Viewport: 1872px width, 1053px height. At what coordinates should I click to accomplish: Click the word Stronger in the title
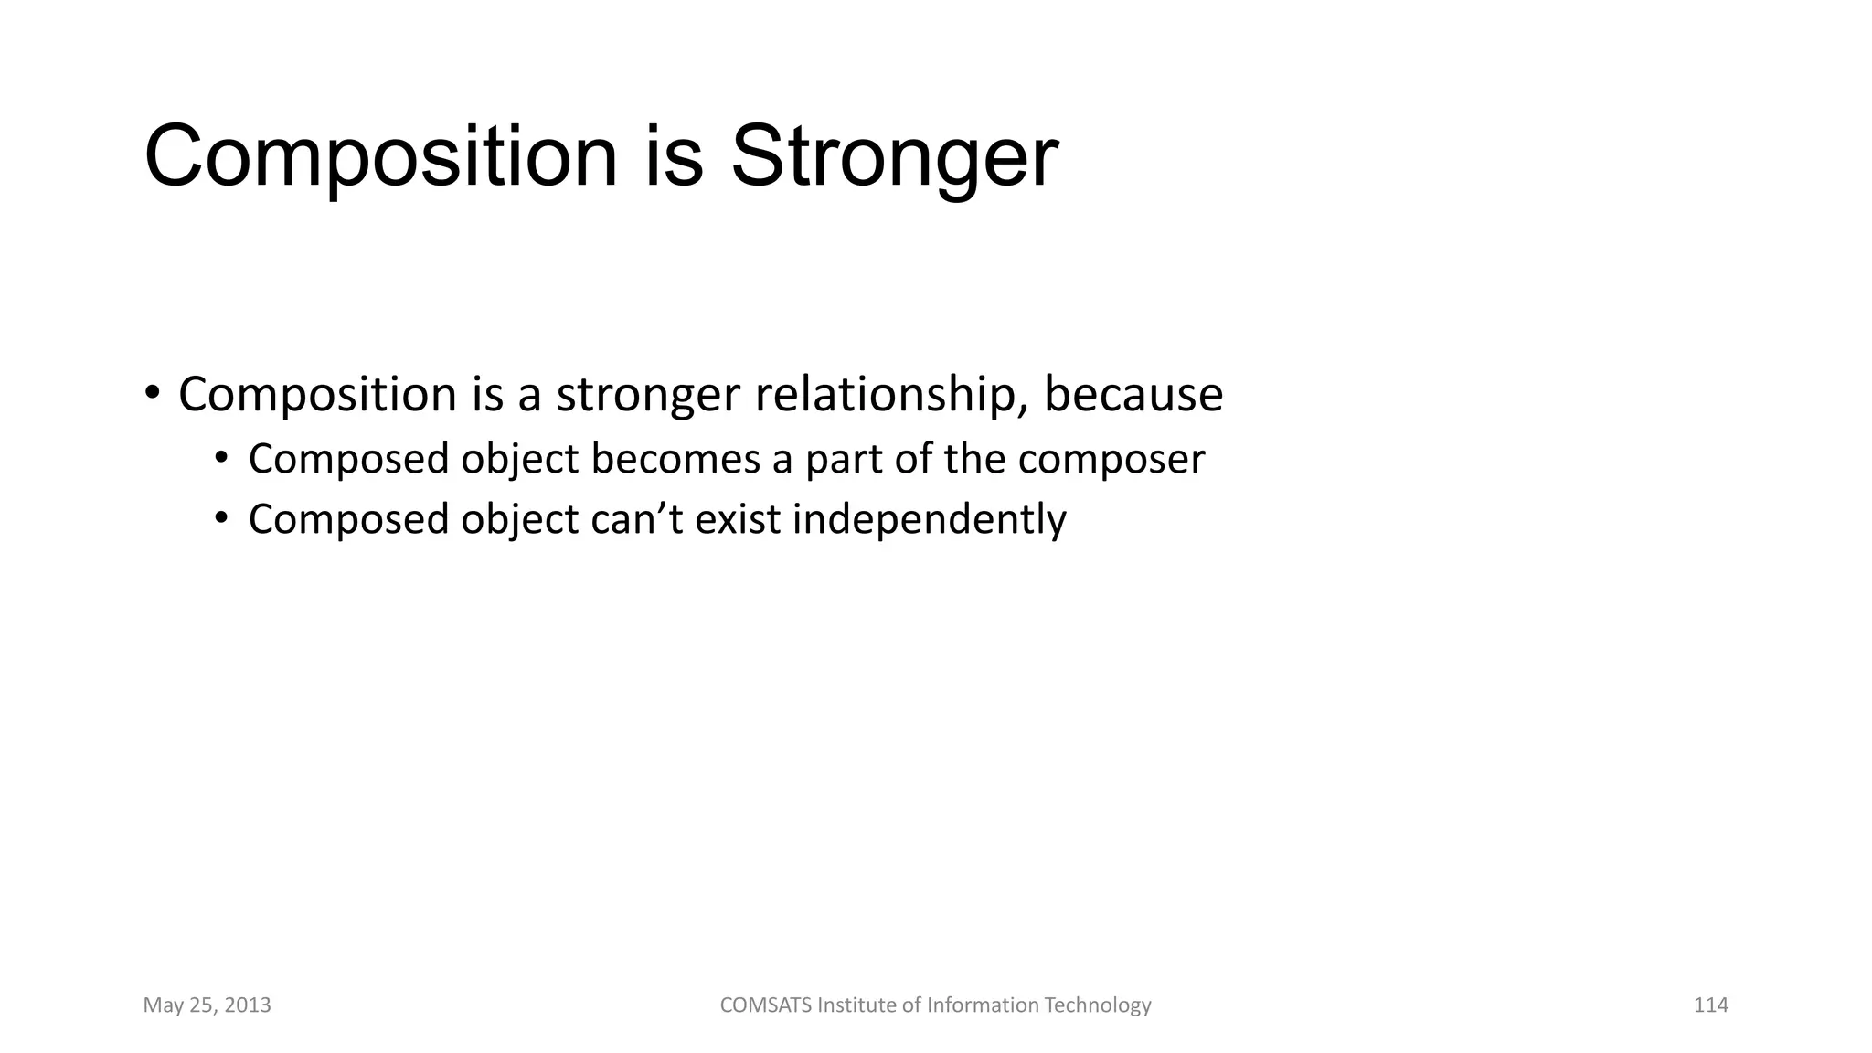click(x=894, y=157)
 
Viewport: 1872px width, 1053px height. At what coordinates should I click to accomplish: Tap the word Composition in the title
click(x=381, y=157)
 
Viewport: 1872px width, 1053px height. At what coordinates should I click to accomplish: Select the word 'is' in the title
click(x=675, y=157)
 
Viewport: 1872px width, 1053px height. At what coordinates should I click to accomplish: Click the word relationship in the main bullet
click(x=891, y=395)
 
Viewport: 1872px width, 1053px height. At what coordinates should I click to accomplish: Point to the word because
click(x=1133, y=395)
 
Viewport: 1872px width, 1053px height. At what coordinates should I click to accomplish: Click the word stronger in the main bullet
click(x=647, y=395)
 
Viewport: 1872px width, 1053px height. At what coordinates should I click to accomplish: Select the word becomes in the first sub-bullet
click(x=675, y=459)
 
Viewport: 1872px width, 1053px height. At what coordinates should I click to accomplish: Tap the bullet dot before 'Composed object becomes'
click(x=221, y=458)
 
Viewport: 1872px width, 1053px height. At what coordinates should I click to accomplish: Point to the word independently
click(x=929, y=519)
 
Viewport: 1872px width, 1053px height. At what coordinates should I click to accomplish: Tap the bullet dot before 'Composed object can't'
click(x=221, y=518)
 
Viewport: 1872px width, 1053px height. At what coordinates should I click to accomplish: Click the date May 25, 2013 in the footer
click(x=207, y=1005)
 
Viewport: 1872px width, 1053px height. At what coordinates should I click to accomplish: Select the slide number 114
click(x=1710, y=1005)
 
